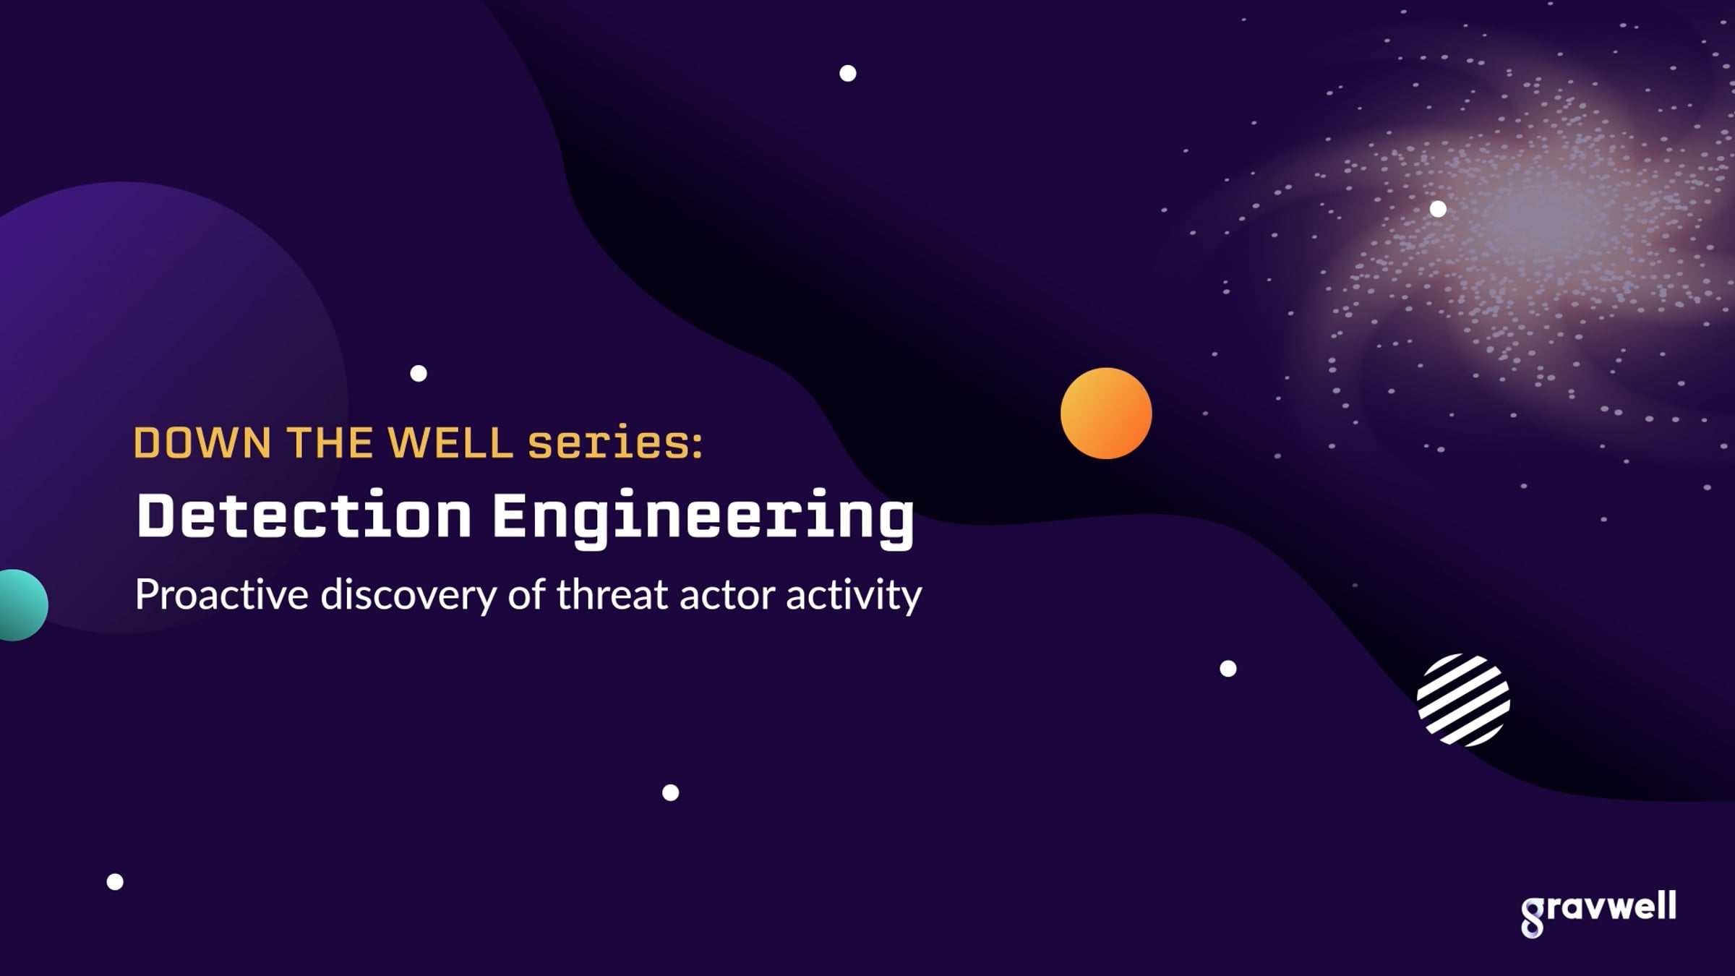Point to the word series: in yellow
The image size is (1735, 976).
coord(615,442)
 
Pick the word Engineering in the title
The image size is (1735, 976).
coord(703,518)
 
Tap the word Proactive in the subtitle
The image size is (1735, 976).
coord(222,595)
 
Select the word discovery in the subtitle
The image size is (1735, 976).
coord(409,595)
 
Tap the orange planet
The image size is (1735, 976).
coord(1106,414)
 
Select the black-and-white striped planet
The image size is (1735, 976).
coord(1463,700)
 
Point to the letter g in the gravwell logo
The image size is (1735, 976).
coord(1533,918)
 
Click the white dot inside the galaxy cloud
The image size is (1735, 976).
coord(1439,209)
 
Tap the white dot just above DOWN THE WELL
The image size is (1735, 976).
coord(419,373)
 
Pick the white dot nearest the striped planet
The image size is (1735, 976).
coord(1228,669)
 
